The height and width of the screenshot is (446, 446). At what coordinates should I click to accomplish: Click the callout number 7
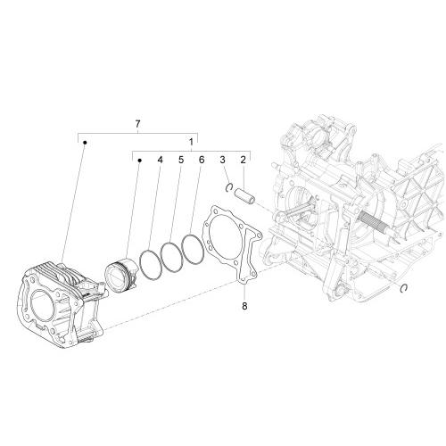click(x=137, y=124)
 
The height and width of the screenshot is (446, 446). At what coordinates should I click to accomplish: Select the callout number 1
click(x=191, y=142)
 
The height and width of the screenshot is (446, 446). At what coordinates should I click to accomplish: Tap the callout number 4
click(x=161, y=160)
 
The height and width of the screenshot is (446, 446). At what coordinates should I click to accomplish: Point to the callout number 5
click(x=181, y=160)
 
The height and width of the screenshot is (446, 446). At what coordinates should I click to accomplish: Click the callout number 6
click(x=202, y=160)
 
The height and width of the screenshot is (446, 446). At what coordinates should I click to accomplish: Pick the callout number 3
click(x=223, y=160)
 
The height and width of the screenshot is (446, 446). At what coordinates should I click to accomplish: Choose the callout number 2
click(x=244, y=160)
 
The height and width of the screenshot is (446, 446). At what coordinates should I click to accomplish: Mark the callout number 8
click(x=244, y=306)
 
